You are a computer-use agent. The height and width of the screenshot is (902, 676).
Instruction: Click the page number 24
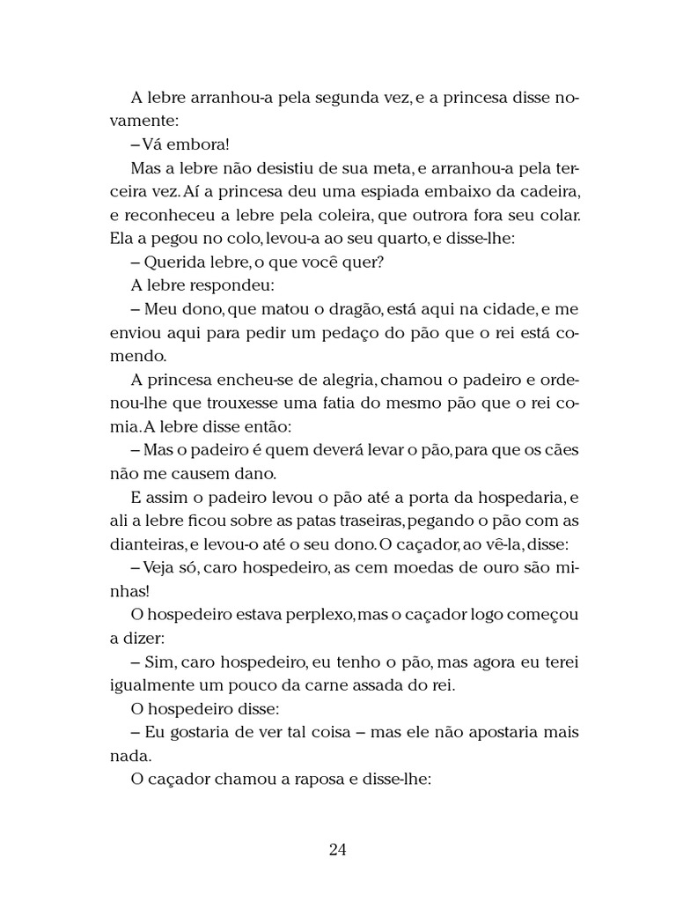click(x=338, y=850)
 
